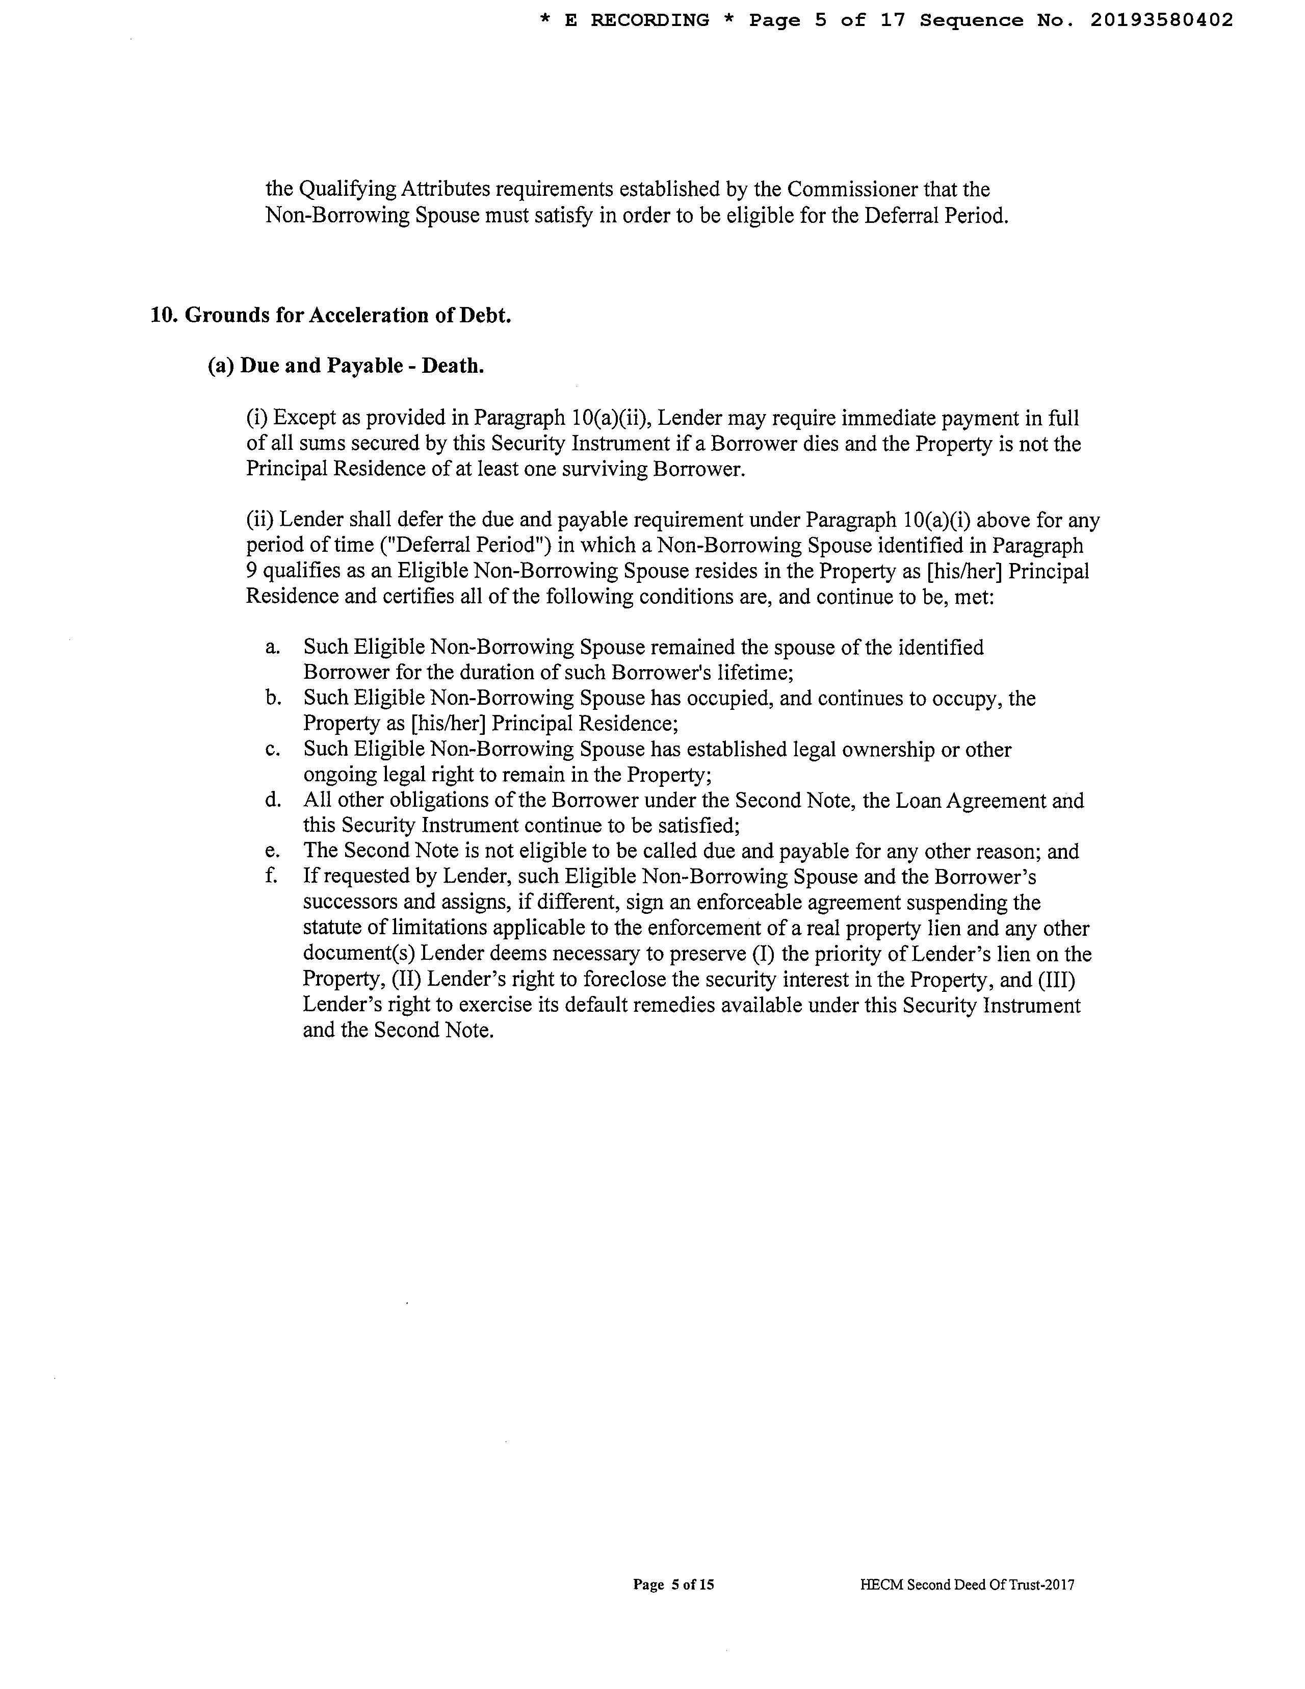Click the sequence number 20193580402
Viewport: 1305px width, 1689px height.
click(x=1161, y=21)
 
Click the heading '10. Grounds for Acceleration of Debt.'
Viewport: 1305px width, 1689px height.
click(x=331, y=316)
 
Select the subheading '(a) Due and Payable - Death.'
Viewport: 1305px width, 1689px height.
click(x=346, y=366)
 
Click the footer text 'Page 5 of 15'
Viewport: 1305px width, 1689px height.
click(x=672, y=1584)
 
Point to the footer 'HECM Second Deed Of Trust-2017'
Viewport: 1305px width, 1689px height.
click(x=967, y=1584)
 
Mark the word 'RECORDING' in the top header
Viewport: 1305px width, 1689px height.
click(x=649, y=21)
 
